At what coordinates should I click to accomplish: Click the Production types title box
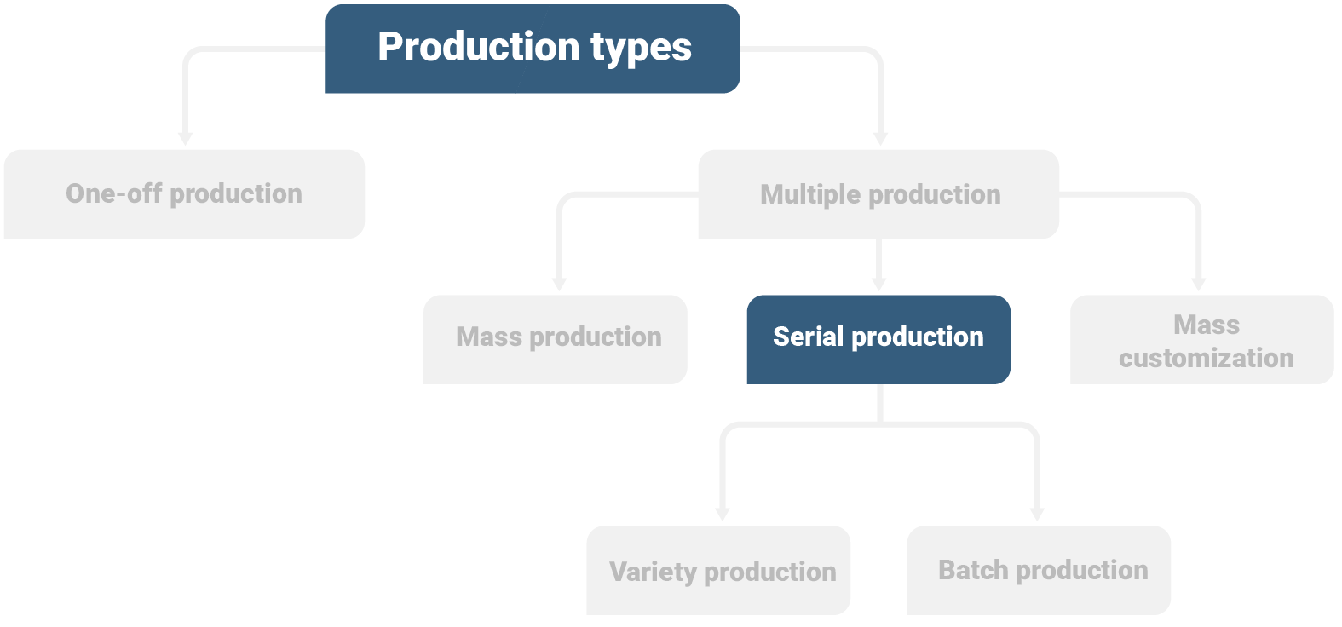(533, 49)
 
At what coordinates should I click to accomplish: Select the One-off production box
(184, 194)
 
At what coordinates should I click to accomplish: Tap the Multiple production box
(878, 194)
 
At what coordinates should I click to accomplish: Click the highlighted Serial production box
(878, 339)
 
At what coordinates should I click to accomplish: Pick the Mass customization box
(1201, 339)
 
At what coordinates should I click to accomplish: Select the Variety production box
(718, 570)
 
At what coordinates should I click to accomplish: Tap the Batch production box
(1039, 570)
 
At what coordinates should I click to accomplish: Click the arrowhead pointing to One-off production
(186, 138)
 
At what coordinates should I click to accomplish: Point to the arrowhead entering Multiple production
(881, 138)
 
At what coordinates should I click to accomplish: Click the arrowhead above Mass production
(560, 284)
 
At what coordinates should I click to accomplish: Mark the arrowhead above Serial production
(879, 284)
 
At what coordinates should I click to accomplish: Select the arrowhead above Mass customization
(1199, 284)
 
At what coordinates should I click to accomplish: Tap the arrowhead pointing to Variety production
(723, 515)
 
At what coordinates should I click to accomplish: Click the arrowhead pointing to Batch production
(1037, 515)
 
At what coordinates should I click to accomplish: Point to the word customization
(1206, 358)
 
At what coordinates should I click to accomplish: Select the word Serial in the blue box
(808, 337)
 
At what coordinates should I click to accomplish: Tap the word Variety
(653, 571)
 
